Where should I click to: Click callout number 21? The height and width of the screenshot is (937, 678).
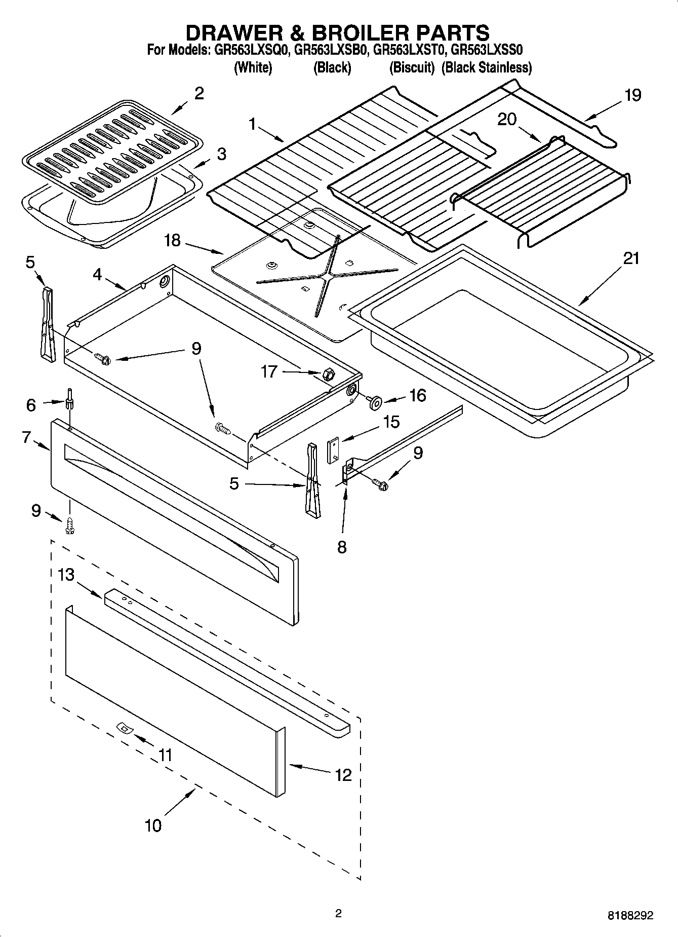[x=631, y=259]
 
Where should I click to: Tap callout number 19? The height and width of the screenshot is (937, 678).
[x=632, y=95]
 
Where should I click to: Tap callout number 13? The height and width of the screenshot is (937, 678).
[x=66, y=575]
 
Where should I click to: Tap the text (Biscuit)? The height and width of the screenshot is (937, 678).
[x=412, y=67]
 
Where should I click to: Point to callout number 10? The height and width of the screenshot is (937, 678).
[x=153, y=826]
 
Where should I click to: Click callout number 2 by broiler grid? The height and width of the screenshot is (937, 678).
[x=199, y=94]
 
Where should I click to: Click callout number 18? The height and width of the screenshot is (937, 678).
[x=173, y=240]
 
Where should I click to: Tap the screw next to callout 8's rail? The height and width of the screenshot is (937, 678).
[x=380, y=484]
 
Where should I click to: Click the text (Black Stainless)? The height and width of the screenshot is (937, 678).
[x=486, y=67]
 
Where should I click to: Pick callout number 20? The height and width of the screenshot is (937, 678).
[x=507, y=120]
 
